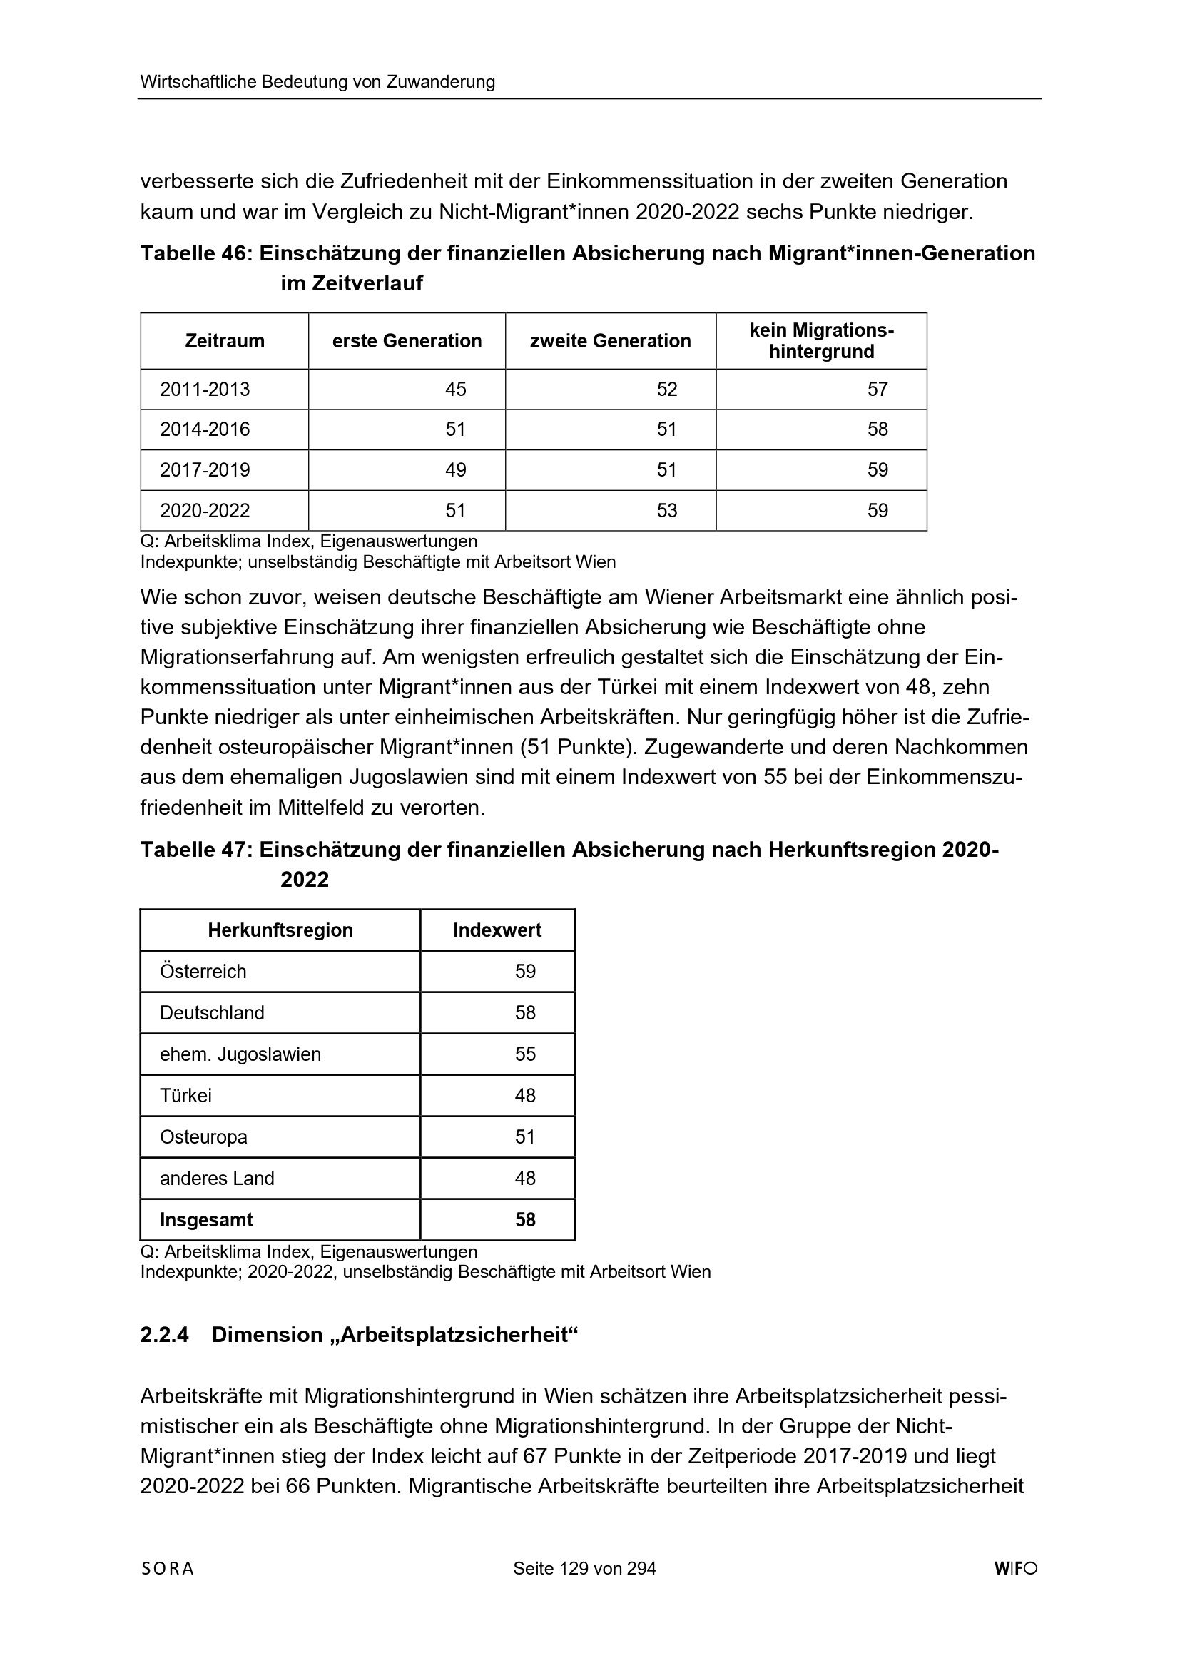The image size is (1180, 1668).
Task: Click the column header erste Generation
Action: coord(407,341)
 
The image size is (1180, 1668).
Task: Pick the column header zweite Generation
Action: coord(611,341)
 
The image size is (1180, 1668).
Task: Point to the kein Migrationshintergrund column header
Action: coord(822,341)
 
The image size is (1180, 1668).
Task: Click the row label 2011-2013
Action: coord(205,390)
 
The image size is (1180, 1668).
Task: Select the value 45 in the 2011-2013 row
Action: coord(456,390)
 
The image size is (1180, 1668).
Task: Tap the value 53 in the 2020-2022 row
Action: coord(667,511)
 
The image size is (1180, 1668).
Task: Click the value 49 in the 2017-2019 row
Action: coord(456,470)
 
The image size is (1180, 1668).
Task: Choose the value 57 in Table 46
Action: coord(878,390)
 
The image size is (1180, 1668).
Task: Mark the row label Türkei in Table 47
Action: coord(186,1096)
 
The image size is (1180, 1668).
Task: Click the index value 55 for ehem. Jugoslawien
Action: coord(525,1054)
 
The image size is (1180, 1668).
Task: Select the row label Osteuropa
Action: coord(203,1137)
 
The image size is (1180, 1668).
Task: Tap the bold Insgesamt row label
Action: coord(206,1220)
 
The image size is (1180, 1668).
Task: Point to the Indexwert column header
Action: coord(497,930)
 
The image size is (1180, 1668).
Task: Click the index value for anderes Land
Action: coord(525,1179)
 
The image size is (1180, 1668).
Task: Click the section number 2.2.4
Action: coord(164,1335)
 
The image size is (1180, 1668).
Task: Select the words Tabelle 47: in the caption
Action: coord(195,849)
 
